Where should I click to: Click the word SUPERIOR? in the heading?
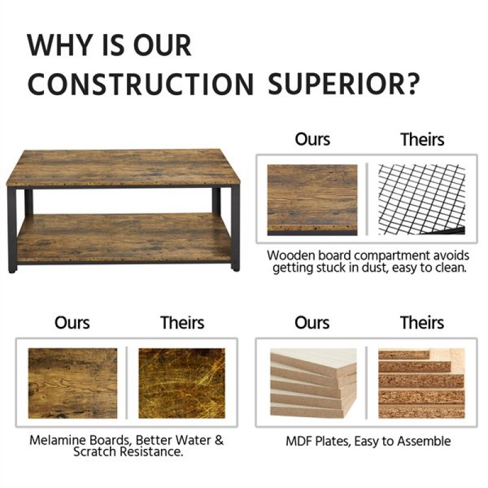tap(343, 84)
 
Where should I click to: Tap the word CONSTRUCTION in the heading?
tap(141, 84)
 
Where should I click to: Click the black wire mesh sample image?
tap(422, 199)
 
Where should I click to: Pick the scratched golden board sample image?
tap(182, 383)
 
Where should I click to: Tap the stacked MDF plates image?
tap(314, 383)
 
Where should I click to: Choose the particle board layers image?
tap(422, 383)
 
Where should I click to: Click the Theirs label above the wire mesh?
tap(422, 139)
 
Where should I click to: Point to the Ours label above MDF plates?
tap(312, 323)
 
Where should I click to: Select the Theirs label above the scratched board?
tap(182, 323)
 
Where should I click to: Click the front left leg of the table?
tap(12, 231)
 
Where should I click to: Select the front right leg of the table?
tap(235, 228)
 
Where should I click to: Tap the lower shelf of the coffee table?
tap(124, 238)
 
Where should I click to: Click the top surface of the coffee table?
tap(124, 168)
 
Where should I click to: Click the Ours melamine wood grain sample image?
tap(73, 383)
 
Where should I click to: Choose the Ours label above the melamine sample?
tap(72, 323)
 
